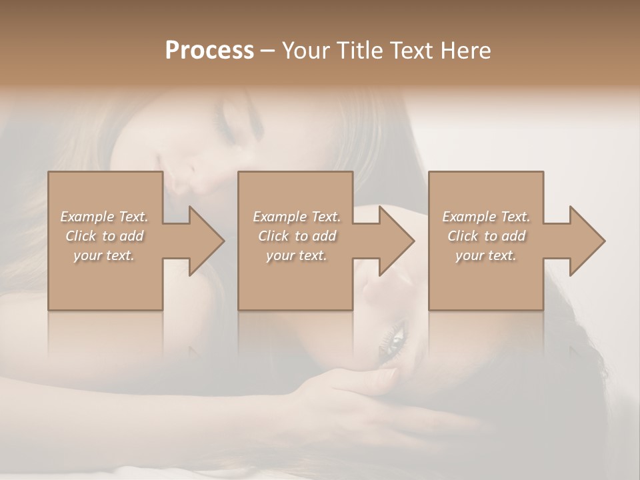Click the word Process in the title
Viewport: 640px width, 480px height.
(x=209, y=51)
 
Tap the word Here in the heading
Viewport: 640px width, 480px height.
(x=466, y=51)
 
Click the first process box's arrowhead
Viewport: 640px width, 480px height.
(x=206, y=241)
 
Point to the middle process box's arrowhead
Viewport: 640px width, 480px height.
(x=396, y=241)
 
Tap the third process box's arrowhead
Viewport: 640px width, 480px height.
(x=587, y=241)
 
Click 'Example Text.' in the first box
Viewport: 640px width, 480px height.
(x=104, y=217)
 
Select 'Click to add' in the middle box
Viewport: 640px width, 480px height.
(x=297, y=236)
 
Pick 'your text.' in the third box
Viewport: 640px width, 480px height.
(x=486, y=255)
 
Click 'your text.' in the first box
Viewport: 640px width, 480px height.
(x=104, y=255)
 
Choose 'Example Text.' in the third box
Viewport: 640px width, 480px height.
(x=486, y=217)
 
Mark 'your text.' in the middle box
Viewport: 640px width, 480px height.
(x=297, y=255)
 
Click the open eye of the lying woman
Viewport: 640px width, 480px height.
(x=394, y=336)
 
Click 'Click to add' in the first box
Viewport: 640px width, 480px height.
(x=104, y=236)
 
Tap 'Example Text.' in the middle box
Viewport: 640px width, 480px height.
(x=297, y=217)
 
